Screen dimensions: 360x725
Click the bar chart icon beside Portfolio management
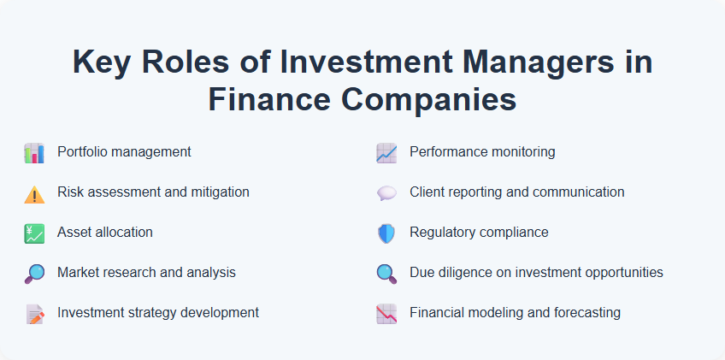click(x=34, y=153)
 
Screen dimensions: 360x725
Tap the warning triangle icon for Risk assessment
click(x=34, y=194)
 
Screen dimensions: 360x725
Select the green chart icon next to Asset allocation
click(x=34, y=233)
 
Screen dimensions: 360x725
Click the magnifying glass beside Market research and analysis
click(x=34, y=274)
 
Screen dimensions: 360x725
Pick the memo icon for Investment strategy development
click(x=34, y=314)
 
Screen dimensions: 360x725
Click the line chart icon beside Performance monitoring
click(x=386, y=153)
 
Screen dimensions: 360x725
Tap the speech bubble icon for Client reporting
click(x=386, y=194)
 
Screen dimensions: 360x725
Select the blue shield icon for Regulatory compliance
click(x=386, y=233)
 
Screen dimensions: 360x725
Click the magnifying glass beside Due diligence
click(x=386, y=274)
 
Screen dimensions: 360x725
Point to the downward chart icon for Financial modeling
click(x=386, y=314)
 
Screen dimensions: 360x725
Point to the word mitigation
click(x=217, y=192)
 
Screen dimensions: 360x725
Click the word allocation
click(x=124, y=233)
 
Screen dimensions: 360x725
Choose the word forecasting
click(x=584, y=313)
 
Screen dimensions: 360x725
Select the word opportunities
click(x=622, y=273)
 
